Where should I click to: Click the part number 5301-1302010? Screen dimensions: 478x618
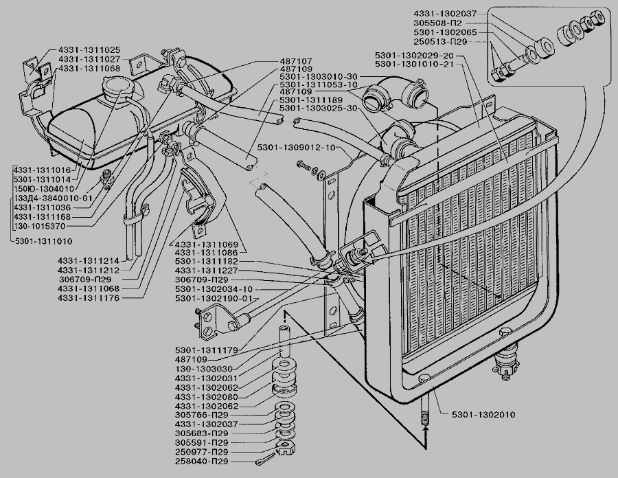tap(483, 415)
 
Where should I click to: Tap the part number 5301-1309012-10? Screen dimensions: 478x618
tap(296, 148)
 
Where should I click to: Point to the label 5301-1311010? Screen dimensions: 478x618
tap(43, 241)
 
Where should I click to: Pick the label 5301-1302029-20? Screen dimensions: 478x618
tap(419, 55)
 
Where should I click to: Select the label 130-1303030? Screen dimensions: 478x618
tap(204, 369)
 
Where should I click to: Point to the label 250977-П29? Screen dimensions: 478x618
tap(202, 453)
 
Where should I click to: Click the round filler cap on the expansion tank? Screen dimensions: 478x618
tap(115, 89)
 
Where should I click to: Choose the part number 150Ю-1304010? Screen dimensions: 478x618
tap(44, 187)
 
